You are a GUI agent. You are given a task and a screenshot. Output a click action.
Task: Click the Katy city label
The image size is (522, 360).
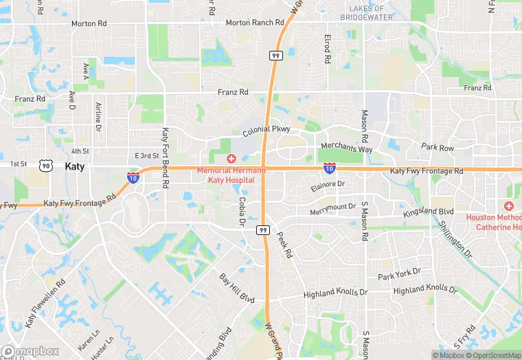tap(76, 166)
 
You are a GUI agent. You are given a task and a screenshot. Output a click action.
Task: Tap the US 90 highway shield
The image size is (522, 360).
tap(46, 166)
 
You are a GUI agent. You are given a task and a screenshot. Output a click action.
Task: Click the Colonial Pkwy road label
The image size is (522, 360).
tap(266, 130)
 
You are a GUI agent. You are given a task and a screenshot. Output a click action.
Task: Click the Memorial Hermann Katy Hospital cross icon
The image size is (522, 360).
tap(231, 159)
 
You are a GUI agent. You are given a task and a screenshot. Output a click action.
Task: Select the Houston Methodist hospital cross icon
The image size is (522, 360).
tap(508, 206)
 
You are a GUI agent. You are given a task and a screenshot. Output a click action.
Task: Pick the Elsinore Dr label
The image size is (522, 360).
tap(327, 185)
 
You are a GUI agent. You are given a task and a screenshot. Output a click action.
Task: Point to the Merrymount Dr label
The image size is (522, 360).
tap(333, 207)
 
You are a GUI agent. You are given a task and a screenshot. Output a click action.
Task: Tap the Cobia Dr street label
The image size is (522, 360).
tap(242, 211)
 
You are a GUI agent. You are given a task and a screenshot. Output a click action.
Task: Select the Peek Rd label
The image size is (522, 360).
tap(284, 244)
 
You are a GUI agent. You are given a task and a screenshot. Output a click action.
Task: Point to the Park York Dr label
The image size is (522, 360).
tap(399, 273)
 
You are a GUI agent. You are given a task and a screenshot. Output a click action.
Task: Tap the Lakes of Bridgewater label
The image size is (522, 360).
tap(371, 12)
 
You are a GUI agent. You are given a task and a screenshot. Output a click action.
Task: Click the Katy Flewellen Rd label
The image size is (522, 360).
tap(45, 303)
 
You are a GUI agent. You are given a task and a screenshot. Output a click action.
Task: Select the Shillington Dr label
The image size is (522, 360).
tap(456, 237)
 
